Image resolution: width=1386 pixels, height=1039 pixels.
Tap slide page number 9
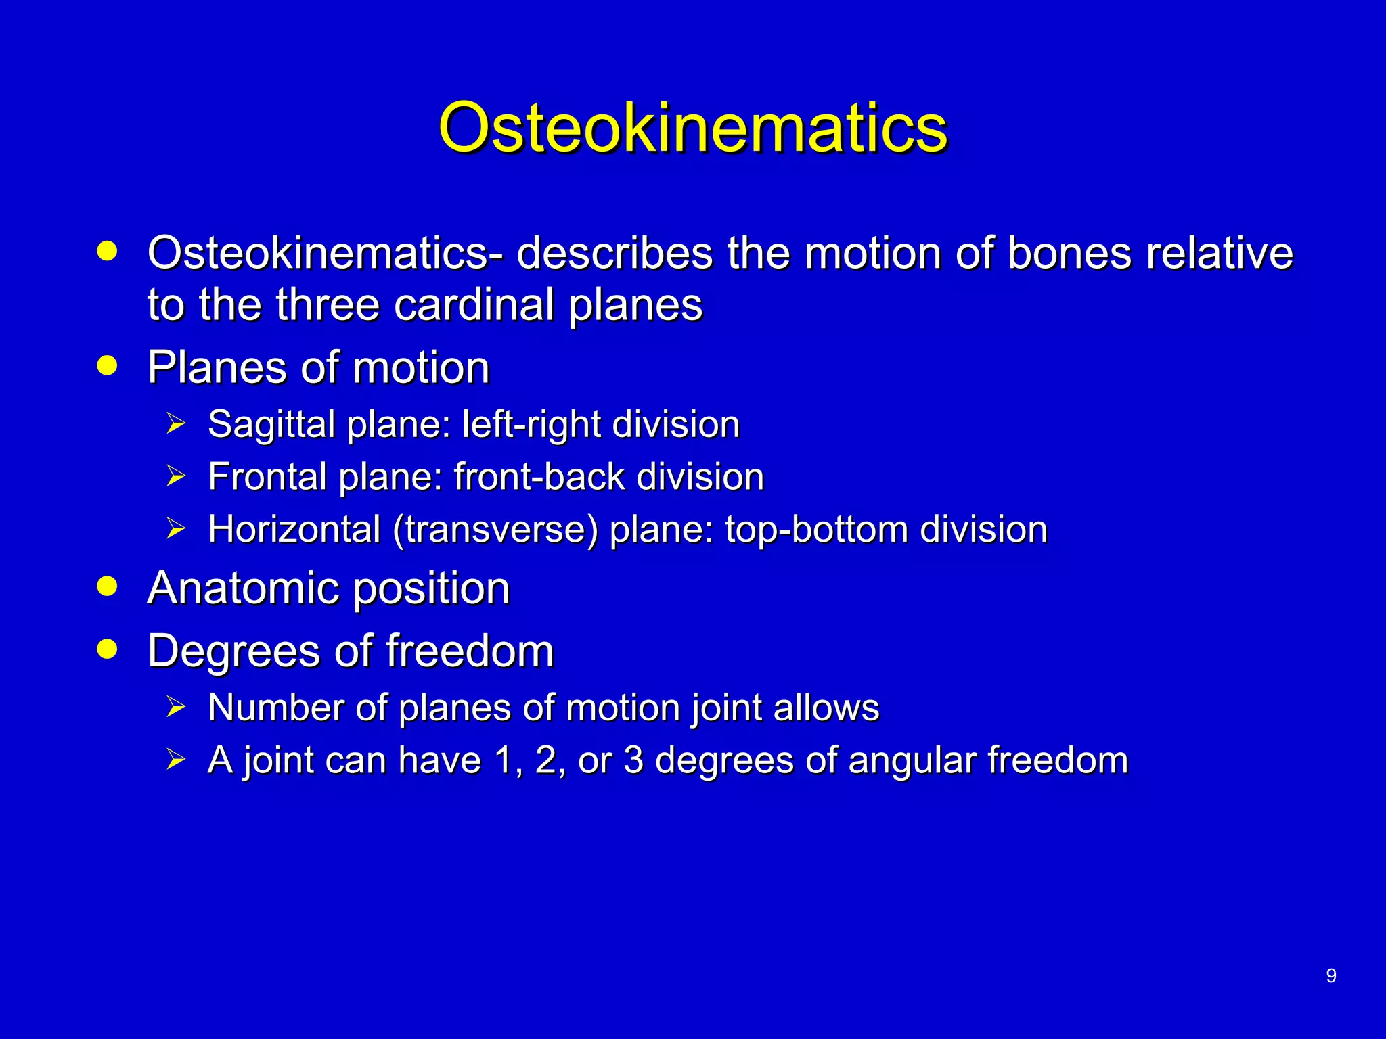pos(1331,975)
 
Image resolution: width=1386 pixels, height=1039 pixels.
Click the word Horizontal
pos(294,529)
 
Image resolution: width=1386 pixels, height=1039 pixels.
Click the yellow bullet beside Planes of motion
pos(107,366)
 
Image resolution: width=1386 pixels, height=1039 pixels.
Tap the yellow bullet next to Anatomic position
pos(107,586)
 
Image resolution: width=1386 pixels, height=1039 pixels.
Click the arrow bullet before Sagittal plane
pos(175,424)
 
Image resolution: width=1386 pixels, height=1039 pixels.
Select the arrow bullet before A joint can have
pos(175,760)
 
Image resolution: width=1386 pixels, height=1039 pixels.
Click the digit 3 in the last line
pos(633,760)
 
